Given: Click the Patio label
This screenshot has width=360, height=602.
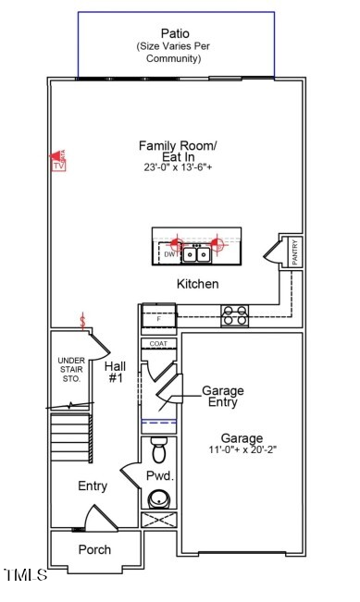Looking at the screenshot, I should click(x=176, y=33).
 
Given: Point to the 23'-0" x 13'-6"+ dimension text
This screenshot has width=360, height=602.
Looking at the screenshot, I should click(x=178, y=167).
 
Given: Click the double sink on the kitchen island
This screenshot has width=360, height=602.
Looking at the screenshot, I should click(x=194, y=253).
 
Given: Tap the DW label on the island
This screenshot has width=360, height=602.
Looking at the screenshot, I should click(x=169, y=253).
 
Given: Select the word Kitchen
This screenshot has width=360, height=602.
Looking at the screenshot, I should click(x=197, y=284).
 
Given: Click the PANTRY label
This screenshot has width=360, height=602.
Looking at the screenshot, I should click(x=294, y=252).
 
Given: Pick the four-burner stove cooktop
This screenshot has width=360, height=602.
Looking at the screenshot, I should click(x=234, y=316).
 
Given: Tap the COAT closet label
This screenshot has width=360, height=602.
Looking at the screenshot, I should click(x=158, y=344).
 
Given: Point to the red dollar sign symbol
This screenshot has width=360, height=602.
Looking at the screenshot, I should click(x=84, y=322).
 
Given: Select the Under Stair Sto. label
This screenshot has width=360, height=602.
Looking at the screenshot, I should click(x=70, y=370).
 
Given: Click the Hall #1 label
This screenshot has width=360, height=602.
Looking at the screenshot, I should click(x=117, y=372).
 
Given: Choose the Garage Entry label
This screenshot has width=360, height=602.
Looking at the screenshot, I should click(x=223, y=397).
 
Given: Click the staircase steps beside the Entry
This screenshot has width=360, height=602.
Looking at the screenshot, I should click(x=70, y=438).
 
